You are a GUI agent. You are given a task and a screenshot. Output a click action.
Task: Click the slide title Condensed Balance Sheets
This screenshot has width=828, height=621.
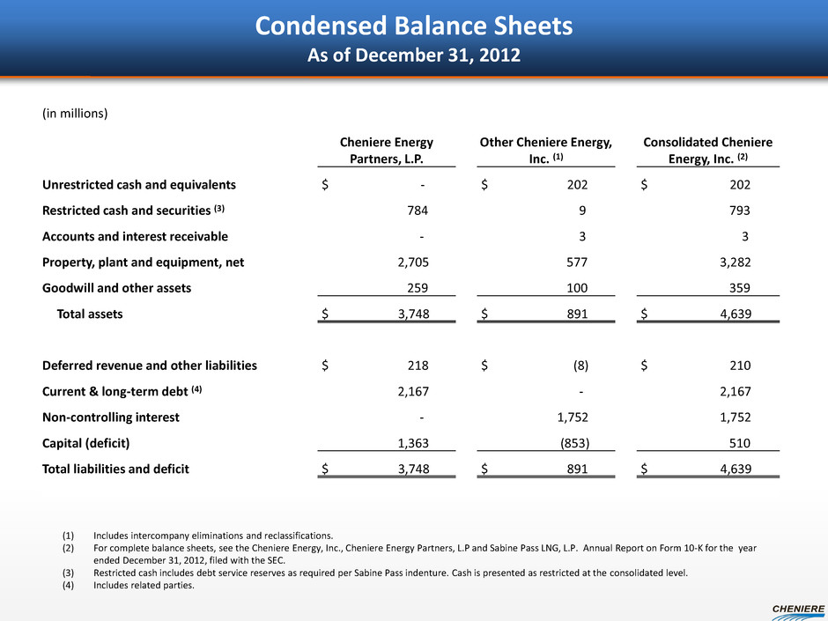point(413,26)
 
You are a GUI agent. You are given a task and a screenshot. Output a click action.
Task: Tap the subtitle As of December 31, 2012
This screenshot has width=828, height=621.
point(413,55)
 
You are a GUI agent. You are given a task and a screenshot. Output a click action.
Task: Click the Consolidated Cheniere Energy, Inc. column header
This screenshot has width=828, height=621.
point(708,149)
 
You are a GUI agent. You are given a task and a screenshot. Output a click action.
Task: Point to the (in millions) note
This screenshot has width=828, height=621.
point(75,114)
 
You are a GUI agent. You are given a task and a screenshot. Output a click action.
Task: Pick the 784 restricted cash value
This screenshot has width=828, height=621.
point(415,211)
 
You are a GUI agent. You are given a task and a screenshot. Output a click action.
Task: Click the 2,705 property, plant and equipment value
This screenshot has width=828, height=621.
point(410,262)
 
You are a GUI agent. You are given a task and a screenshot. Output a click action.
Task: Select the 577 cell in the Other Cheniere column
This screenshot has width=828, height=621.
point(577,262)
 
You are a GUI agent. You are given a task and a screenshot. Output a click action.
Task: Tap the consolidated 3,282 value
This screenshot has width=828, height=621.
point(733,262)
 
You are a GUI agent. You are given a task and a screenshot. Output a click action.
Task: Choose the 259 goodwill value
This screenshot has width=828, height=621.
point(415,287)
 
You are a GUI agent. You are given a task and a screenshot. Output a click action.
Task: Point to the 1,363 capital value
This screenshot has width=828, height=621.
point(410,442)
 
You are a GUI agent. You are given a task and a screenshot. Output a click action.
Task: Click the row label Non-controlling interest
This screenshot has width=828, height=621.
point(111,417)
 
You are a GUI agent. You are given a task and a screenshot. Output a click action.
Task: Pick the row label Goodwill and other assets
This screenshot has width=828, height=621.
point(116,287)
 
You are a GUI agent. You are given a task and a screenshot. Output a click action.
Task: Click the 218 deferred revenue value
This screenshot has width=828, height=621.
point(415,365)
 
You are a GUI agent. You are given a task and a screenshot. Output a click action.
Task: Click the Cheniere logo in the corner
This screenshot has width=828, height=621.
point(797,607)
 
